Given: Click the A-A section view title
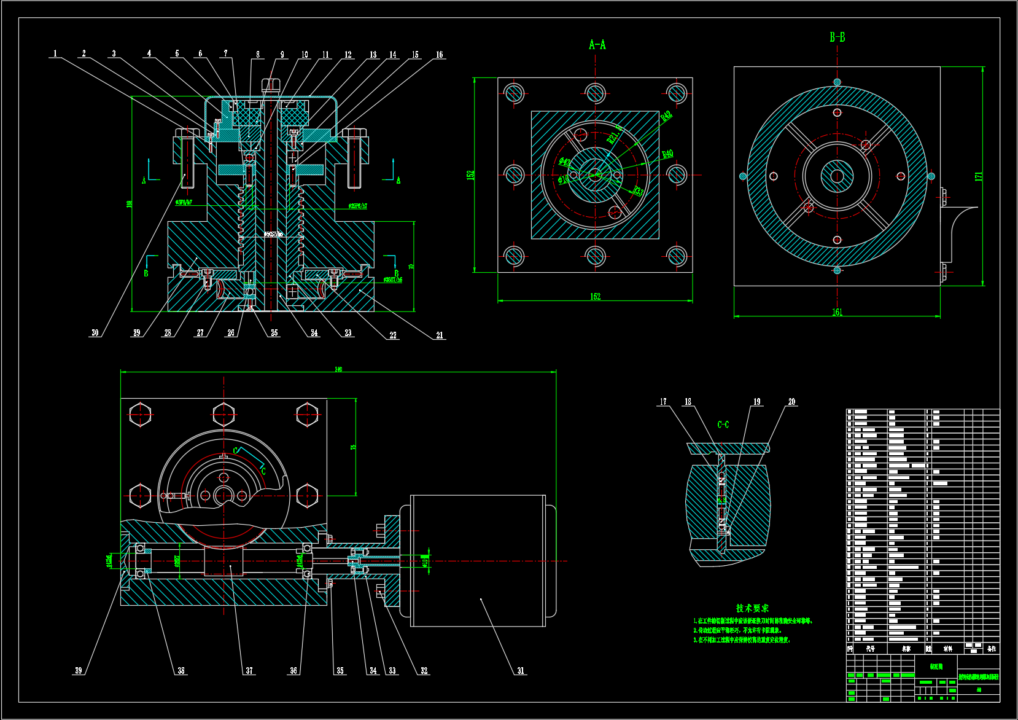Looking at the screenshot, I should pos(597,44).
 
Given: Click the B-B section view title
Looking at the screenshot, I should pos(837,37).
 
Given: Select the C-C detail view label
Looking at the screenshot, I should pos(723,425).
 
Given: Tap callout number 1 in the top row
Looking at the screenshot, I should pos(55,53).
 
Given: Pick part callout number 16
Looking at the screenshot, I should pos(439,55).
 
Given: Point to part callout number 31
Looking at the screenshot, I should pos(521,671).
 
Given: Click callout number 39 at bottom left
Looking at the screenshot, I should pos(78,670).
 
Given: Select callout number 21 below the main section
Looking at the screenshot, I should pos(440,335).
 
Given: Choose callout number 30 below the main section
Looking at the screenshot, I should pos(95,333).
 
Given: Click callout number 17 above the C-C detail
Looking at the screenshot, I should pos(663,402).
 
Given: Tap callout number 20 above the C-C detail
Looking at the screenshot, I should pos(791,402).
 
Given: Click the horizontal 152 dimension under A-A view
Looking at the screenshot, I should pos(595,297).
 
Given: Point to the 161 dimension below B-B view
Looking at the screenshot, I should pos(837,313).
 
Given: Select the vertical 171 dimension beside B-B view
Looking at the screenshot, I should pos(979,176).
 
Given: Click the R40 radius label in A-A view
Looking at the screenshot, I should pos(667,154).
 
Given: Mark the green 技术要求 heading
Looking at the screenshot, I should pos(752,608).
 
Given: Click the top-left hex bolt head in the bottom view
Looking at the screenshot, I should pos(141,414).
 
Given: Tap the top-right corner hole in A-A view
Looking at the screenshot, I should pos(677,93).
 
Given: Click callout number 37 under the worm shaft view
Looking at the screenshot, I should pos(249,671).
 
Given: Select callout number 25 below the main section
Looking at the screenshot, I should pos(274,333).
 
